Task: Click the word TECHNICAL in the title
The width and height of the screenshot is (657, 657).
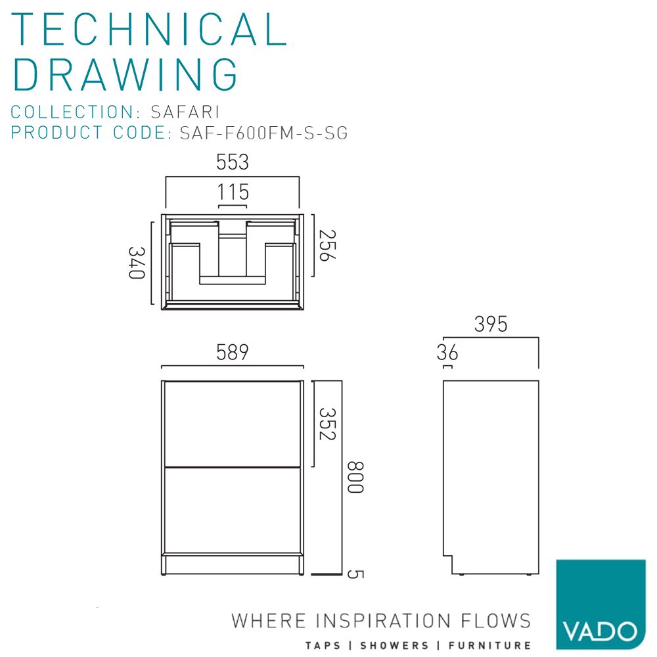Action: (x=150, y=29)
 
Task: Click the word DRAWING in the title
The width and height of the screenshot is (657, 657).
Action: (x=125, y=74)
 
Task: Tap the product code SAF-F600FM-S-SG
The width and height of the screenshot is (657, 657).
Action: (x=263, y=133)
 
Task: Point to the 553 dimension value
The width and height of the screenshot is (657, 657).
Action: (x=233, y=162)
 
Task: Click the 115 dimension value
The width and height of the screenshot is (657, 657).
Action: (x=233, y=193)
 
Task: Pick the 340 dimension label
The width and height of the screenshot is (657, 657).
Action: (x=136, y=262)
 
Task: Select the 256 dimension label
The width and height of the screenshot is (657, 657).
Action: (x=327, y=245)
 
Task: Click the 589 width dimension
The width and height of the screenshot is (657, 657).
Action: (x=233, y=352)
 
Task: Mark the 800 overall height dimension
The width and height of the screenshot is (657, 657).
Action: (x=355, y=478)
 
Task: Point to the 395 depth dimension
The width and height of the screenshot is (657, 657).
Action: (x=491, y=325)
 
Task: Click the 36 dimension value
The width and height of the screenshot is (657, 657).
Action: (x=447, y=353)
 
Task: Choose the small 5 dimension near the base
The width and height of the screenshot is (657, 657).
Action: (x=355, y=574)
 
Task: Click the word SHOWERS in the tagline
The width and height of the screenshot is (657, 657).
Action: (x=392, y=646)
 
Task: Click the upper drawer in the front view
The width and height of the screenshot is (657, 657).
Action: (x=233, y=423)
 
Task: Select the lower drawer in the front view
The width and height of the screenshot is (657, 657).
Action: (x=233, y=509)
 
